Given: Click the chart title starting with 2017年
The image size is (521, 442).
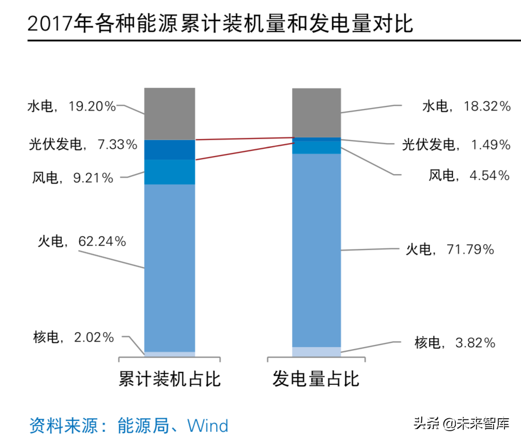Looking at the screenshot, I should click(x=220, y=24).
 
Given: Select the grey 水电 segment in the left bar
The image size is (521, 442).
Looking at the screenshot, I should click(x=170, y=114).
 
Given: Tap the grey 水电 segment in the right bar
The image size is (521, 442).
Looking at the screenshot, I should click(x=316, y=113).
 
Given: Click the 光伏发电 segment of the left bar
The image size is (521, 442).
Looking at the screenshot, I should click(x=170, y=150).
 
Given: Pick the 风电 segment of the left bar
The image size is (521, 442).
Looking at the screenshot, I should click(x=170, y=172).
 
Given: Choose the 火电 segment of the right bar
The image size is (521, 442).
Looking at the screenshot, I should click(x=316, y=250).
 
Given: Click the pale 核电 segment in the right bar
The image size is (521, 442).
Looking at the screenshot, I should click(x=316, y=352).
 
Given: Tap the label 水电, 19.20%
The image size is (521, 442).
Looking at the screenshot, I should click(x=71, y=107).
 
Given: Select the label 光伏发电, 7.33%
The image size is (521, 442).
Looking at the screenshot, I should click(x=83, y=145).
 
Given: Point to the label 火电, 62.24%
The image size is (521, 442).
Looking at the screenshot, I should click(x=82, y=241).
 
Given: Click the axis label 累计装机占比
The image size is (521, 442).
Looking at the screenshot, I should click(x=170, y=380).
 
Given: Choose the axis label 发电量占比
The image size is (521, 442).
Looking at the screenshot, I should click(x=316, y=380).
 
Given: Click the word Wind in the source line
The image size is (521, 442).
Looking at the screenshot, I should click(x=208, y=426).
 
